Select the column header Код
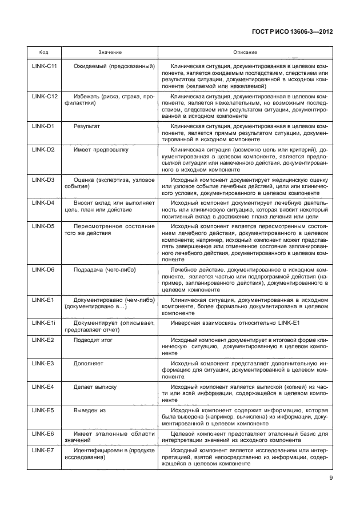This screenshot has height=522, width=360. tap(43, 52)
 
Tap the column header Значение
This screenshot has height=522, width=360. tap(110, 52)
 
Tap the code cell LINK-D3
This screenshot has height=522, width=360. tap(43, 180)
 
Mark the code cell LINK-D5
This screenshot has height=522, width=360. tap(43, 226)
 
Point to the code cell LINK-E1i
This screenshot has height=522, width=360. tap(43, 322)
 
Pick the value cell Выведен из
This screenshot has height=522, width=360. tap(89, 410)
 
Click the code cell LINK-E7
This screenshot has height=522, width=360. tap(43, 451)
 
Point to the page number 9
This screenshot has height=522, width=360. tap(331, 479)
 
